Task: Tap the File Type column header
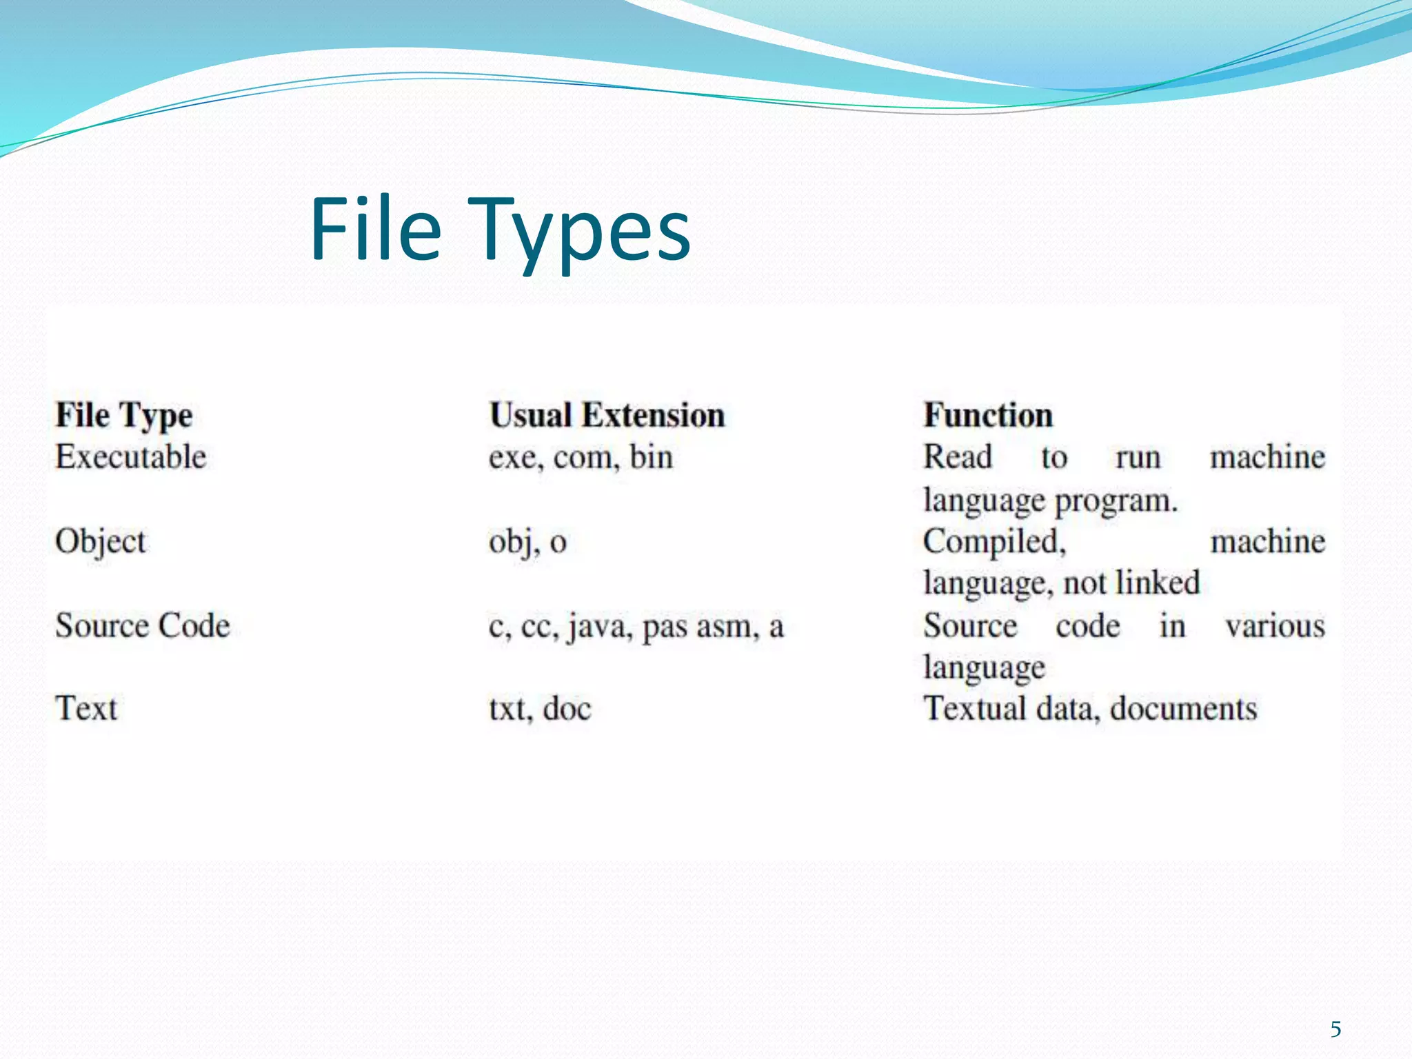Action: [124, 416]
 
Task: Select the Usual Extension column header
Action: [607, 416]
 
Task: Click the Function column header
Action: [988, 416]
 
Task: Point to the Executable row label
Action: [131, 457]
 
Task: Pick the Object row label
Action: [101, 542]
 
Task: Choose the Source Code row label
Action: [143, 626]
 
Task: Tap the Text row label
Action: [86, 709]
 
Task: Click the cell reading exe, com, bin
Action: [581, 458]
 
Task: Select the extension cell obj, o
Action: [527, 542]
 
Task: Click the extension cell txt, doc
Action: [540, 709]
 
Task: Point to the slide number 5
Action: [1335, 1029]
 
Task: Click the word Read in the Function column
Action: [958, 457]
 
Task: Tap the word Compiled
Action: [994, 542]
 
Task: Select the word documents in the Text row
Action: [1183, 709]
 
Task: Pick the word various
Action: [1275, 626]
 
